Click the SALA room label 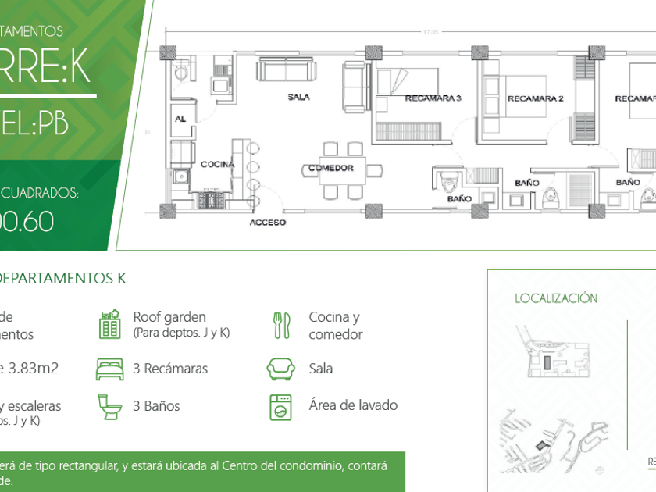click(299, 98)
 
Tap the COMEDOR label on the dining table click(330, 168)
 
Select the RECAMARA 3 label click(433, 98)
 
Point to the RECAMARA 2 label click(535, 99)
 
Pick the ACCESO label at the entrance click(267, 223)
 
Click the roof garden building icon click(109, 324)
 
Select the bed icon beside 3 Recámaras click(109, 368)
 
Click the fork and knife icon click(281, 325)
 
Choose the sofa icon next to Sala click(280, 368)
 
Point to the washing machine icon click(280, 406)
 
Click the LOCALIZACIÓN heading click(556, 298)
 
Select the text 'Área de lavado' click(353, 405)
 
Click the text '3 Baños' click(156, 406)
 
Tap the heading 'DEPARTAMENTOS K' click(62, 278)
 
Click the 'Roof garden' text click(169, 317)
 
